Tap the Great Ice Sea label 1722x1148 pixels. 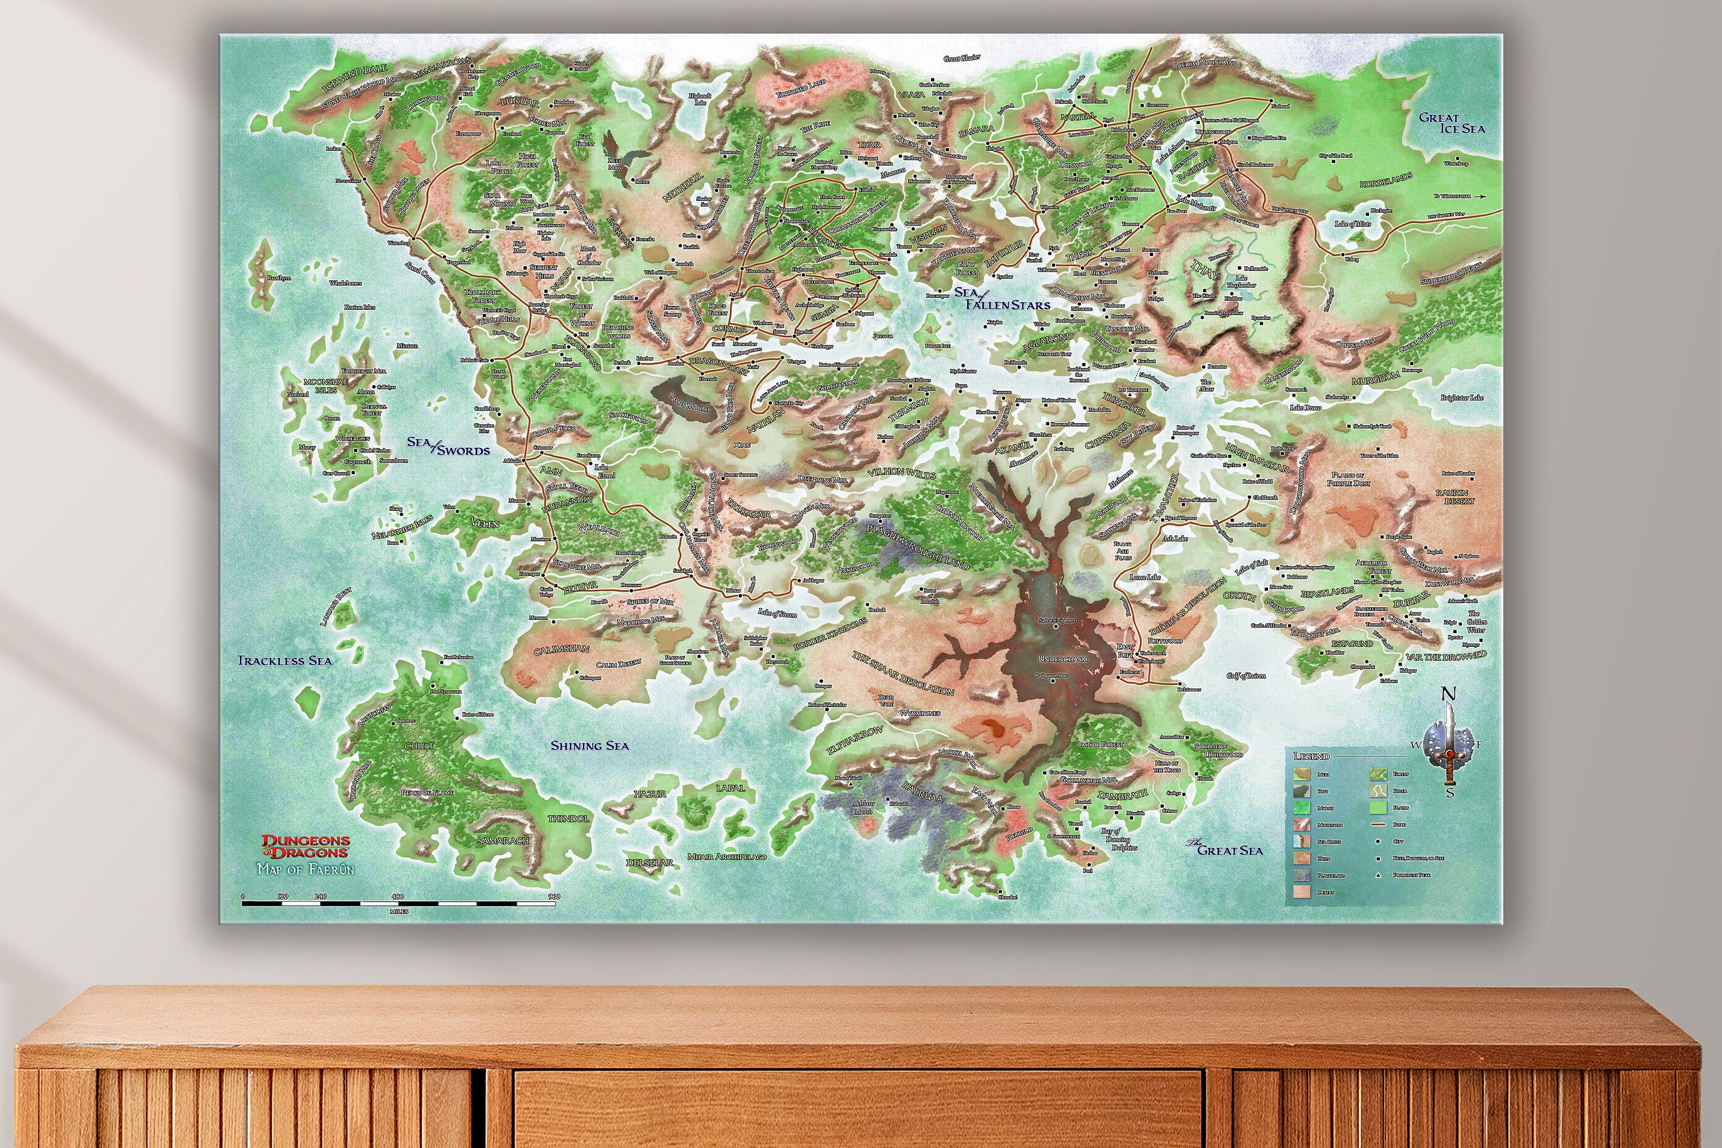pos(1452,123)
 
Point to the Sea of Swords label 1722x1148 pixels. pos(448,446)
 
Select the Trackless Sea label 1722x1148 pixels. pos(284,661)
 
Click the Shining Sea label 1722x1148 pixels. pos(589,745)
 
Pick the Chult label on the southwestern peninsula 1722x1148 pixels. pos(419,745)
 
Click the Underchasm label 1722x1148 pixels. pos(1062,659)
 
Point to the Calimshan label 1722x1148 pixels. pos(561,649)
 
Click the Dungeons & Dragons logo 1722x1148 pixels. pos(305,846)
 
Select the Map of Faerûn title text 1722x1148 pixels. pos(305,870)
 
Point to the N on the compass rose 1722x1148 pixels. pos(1448,694)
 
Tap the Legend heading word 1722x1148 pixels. pos(1310,755)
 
